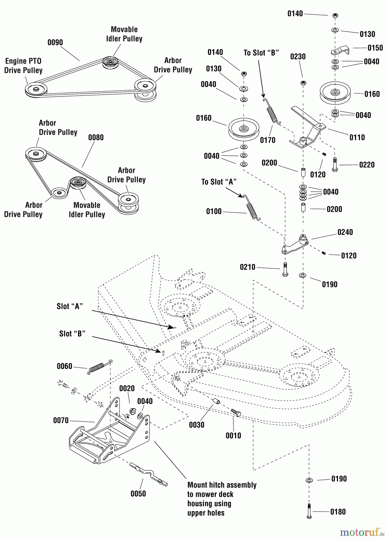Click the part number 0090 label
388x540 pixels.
pos(55,43)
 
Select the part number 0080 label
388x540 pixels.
pos(96,138)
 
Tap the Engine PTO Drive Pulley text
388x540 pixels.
pos(23,66)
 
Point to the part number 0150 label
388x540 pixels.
pos(375,48)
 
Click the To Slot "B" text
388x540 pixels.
pos(261,53)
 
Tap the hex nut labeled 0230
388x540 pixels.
pos(303,83)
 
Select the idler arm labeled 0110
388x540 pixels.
pos(309,129)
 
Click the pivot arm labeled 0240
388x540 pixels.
pos(296,245)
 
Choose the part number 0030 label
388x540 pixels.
pos(197,425)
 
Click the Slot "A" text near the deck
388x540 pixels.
pos(70,306)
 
